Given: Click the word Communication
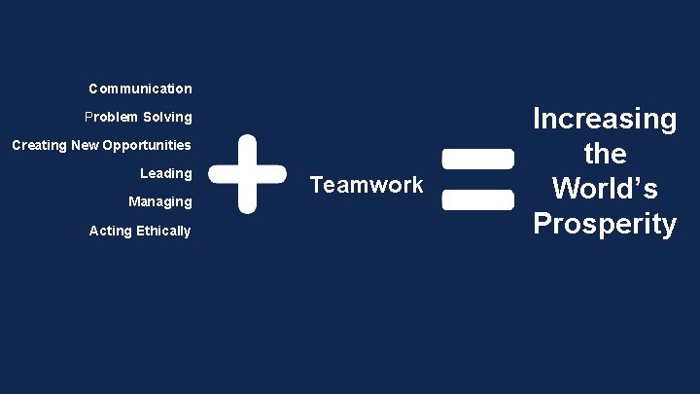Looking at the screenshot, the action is (x=140, y=89).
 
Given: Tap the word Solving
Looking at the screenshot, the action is (x=167, y=117).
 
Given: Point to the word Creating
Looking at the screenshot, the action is (x=38, y=145).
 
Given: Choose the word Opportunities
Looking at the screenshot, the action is (x=146, y=145).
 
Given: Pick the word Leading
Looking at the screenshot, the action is (x=166, y=173).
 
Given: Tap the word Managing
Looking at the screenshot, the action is (x=160, y=201).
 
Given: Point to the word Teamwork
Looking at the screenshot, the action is (x=366, y=185).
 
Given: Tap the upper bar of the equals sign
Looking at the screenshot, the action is (x=477, y=158).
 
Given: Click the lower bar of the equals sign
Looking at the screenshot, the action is (x=477, y=199).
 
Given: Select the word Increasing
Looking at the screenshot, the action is (x=605, y=120).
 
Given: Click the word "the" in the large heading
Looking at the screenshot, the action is (x=605, y=154).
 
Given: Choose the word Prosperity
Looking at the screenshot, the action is (x=605, y=224).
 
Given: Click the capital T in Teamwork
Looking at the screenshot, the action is (x=316, y=184).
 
